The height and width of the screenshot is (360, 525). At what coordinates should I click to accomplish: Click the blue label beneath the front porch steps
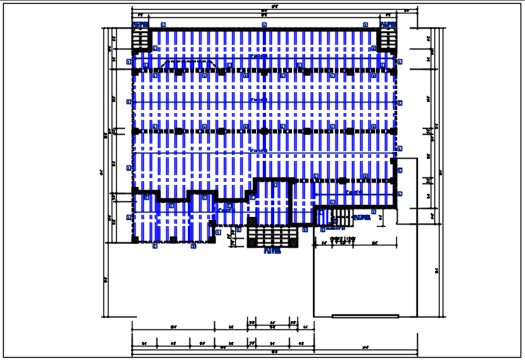click(x=272, y=252)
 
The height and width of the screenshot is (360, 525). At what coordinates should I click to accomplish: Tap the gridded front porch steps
click(x=272, y=237)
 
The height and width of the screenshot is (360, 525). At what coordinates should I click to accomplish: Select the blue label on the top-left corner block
click(x=141, y=25)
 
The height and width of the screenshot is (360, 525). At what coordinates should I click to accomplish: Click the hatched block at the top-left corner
click(x=142, y=40)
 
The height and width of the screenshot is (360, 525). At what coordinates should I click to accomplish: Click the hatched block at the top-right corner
click(x=387, y=40)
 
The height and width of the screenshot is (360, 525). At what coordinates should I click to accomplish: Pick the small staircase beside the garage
click(x=341, y=218)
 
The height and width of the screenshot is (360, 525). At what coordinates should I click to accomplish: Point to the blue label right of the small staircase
click(x=361, y=218)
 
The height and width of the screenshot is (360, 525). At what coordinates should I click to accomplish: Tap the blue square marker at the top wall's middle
click(x=264, y=25)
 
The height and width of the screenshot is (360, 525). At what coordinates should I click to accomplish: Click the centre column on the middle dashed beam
click(x=264, y=131)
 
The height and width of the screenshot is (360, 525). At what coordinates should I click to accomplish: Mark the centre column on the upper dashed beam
click(x=264, y=72)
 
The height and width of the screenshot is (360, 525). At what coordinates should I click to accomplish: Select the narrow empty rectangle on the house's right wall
click(x=407, y=191)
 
